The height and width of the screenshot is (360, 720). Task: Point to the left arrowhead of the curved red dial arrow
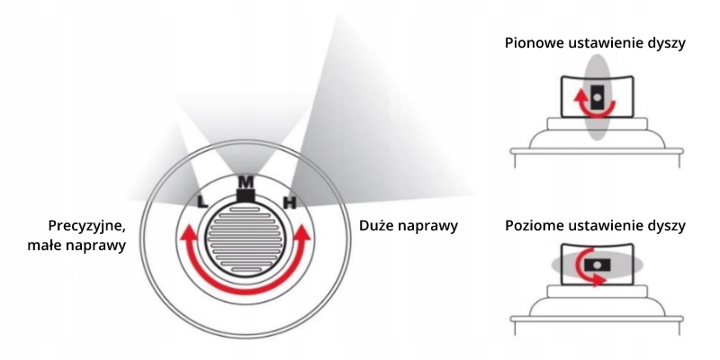point(188,236)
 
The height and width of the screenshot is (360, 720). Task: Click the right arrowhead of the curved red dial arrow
point(303,236)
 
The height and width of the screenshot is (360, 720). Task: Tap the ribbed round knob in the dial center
point(246,242)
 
